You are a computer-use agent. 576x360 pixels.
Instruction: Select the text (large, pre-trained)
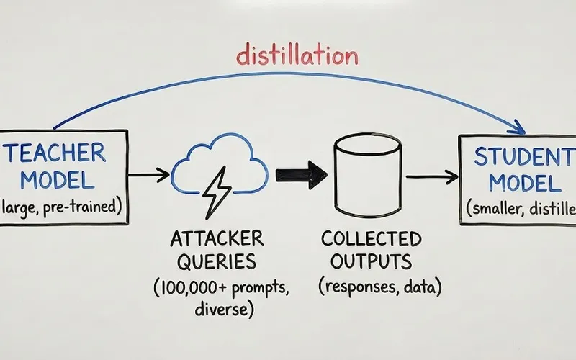pos(61,208)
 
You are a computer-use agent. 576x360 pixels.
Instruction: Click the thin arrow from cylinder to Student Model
pos(432,176)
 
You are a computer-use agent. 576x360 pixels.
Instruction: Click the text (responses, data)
pos(379,287)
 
